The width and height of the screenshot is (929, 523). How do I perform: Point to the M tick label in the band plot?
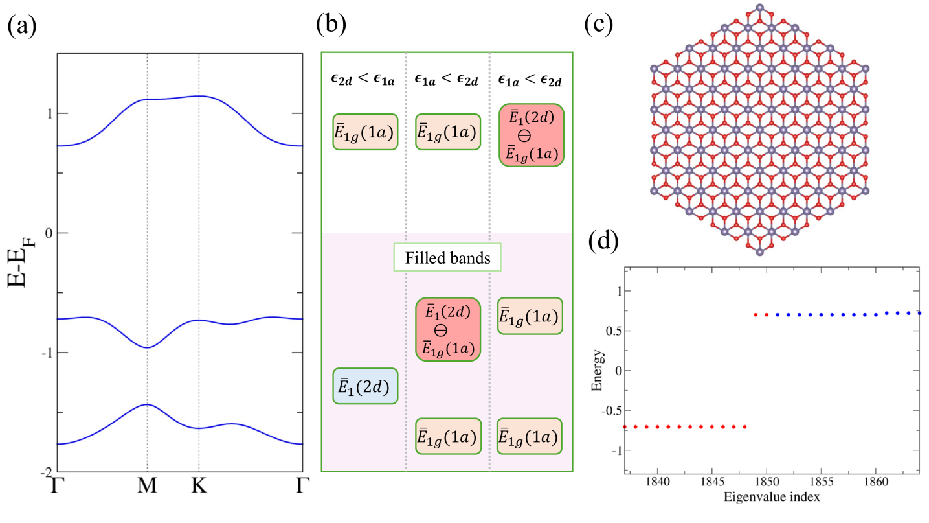[x=148, y=485]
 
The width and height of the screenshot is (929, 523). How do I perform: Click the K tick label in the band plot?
[x=198, y=485]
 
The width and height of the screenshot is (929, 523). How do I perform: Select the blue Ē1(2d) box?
[x=364, y=386]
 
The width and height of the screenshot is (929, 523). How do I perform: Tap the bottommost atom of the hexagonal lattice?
[x=760, y=253]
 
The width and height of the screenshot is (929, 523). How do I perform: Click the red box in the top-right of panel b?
[x=532, y=135]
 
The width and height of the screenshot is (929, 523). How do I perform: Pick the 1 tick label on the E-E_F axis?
[x=47, y=114]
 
